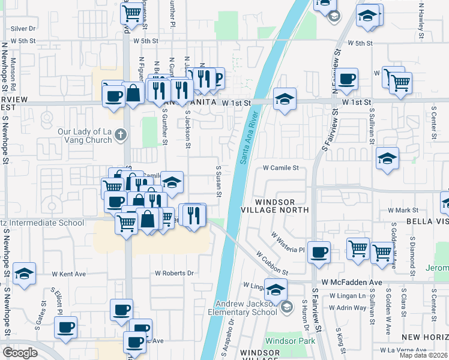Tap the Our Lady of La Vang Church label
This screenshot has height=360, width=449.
click(x=85, y=136)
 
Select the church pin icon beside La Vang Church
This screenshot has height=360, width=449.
click(x=121, y=134)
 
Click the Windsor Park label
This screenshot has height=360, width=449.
click(x=282, y=340)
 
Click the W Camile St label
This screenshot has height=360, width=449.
click(x=281, y=168)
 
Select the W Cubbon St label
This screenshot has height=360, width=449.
click(x=272, y=263)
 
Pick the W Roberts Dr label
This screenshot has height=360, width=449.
click(x=174, y=273)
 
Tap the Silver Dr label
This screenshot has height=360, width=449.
click(x=23, y=28)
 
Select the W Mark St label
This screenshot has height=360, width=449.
click(x=403, y=210)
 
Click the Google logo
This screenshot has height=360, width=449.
click(x=19, y=353)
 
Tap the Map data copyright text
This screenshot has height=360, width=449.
click(x=423, y=355)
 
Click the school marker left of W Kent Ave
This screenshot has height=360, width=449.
click(x=24, y=274)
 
